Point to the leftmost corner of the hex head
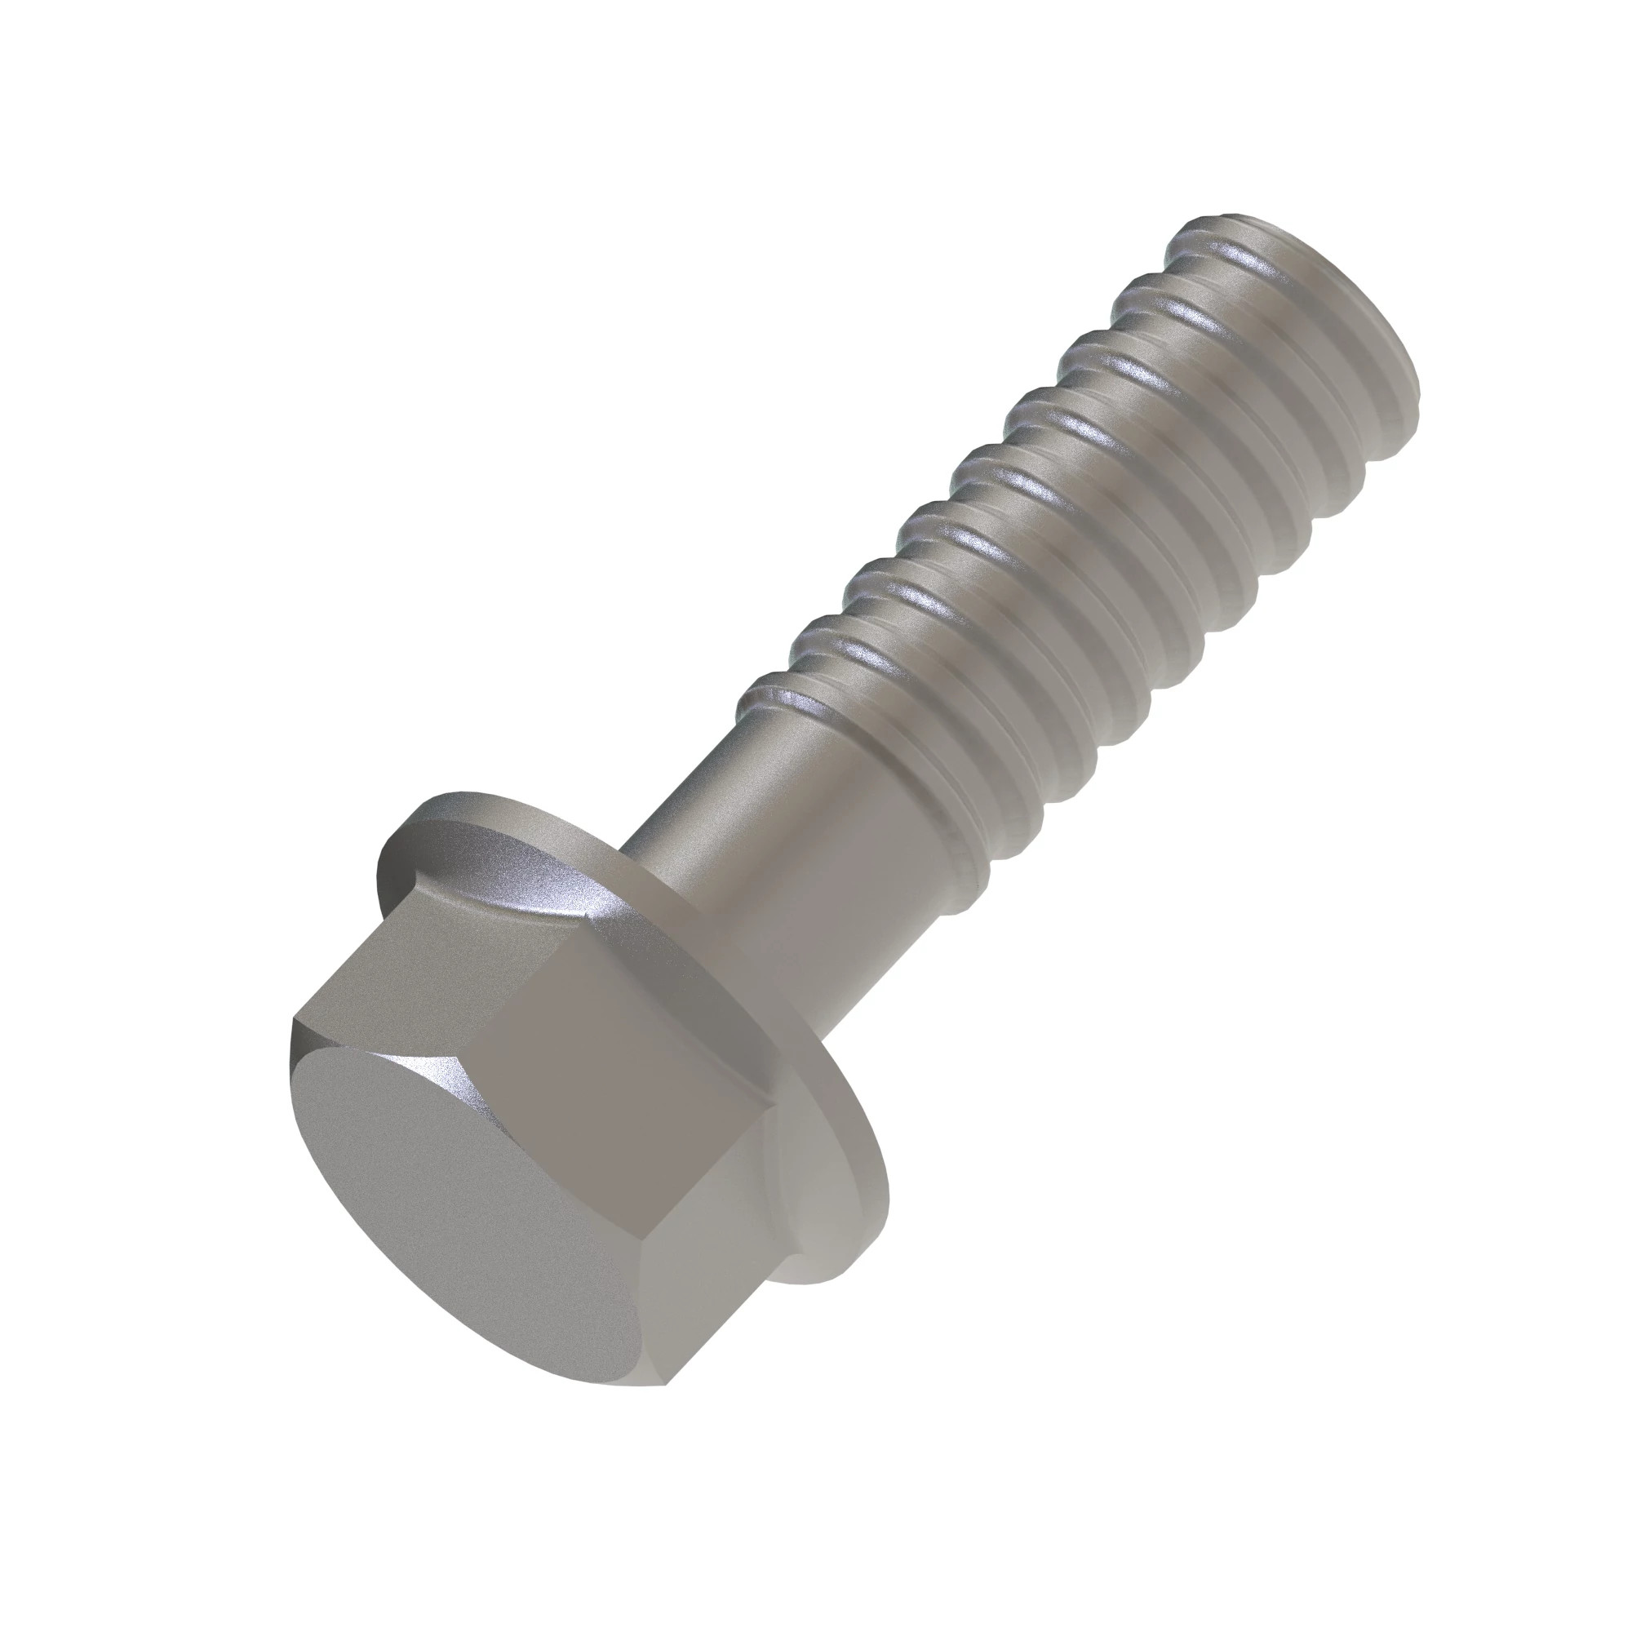(x=293, y=1022)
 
